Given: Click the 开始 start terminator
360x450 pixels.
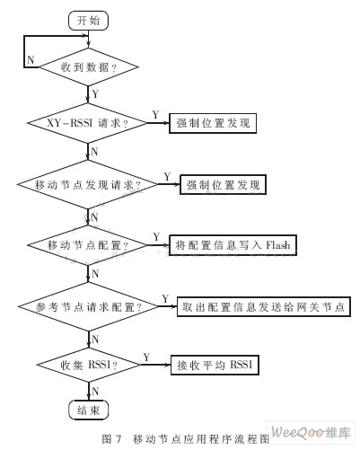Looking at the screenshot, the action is (88, 21).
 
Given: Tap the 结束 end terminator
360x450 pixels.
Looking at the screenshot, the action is (88, 410).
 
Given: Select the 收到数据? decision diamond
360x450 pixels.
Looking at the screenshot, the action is (89, 66).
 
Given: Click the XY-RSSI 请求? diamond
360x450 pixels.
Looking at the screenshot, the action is (87, 123).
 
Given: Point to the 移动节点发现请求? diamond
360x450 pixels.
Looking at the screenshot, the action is (87, 184).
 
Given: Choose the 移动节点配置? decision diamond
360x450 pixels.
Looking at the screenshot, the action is (88, 245).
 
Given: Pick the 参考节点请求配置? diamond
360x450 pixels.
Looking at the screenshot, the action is (88, 306).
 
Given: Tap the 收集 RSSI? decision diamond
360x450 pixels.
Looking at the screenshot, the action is (89, 365).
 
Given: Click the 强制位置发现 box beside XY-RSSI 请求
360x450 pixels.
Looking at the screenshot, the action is (213, 123).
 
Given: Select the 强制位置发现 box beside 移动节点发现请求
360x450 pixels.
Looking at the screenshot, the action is (223, 185).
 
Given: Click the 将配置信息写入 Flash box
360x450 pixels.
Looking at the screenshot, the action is (233, 245).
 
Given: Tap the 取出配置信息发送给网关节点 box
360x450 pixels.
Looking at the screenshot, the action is (264, 306).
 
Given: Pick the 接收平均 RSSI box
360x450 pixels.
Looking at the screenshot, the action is (215, 365).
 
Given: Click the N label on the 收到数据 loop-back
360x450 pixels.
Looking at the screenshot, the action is (31, 60).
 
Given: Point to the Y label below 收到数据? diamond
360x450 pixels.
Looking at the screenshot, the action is (95, 94).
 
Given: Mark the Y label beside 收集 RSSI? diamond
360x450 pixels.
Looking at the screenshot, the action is (146, 357).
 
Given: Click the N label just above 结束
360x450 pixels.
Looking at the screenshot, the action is (95, 391).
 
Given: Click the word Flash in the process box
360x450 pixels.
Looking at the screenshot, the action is (278, 245).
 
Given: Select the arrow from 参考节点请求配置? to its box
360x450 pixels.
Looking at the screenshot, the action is (168, 306).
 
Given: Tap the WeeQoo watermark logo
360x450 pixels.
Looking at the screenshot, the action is (311, 432).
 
